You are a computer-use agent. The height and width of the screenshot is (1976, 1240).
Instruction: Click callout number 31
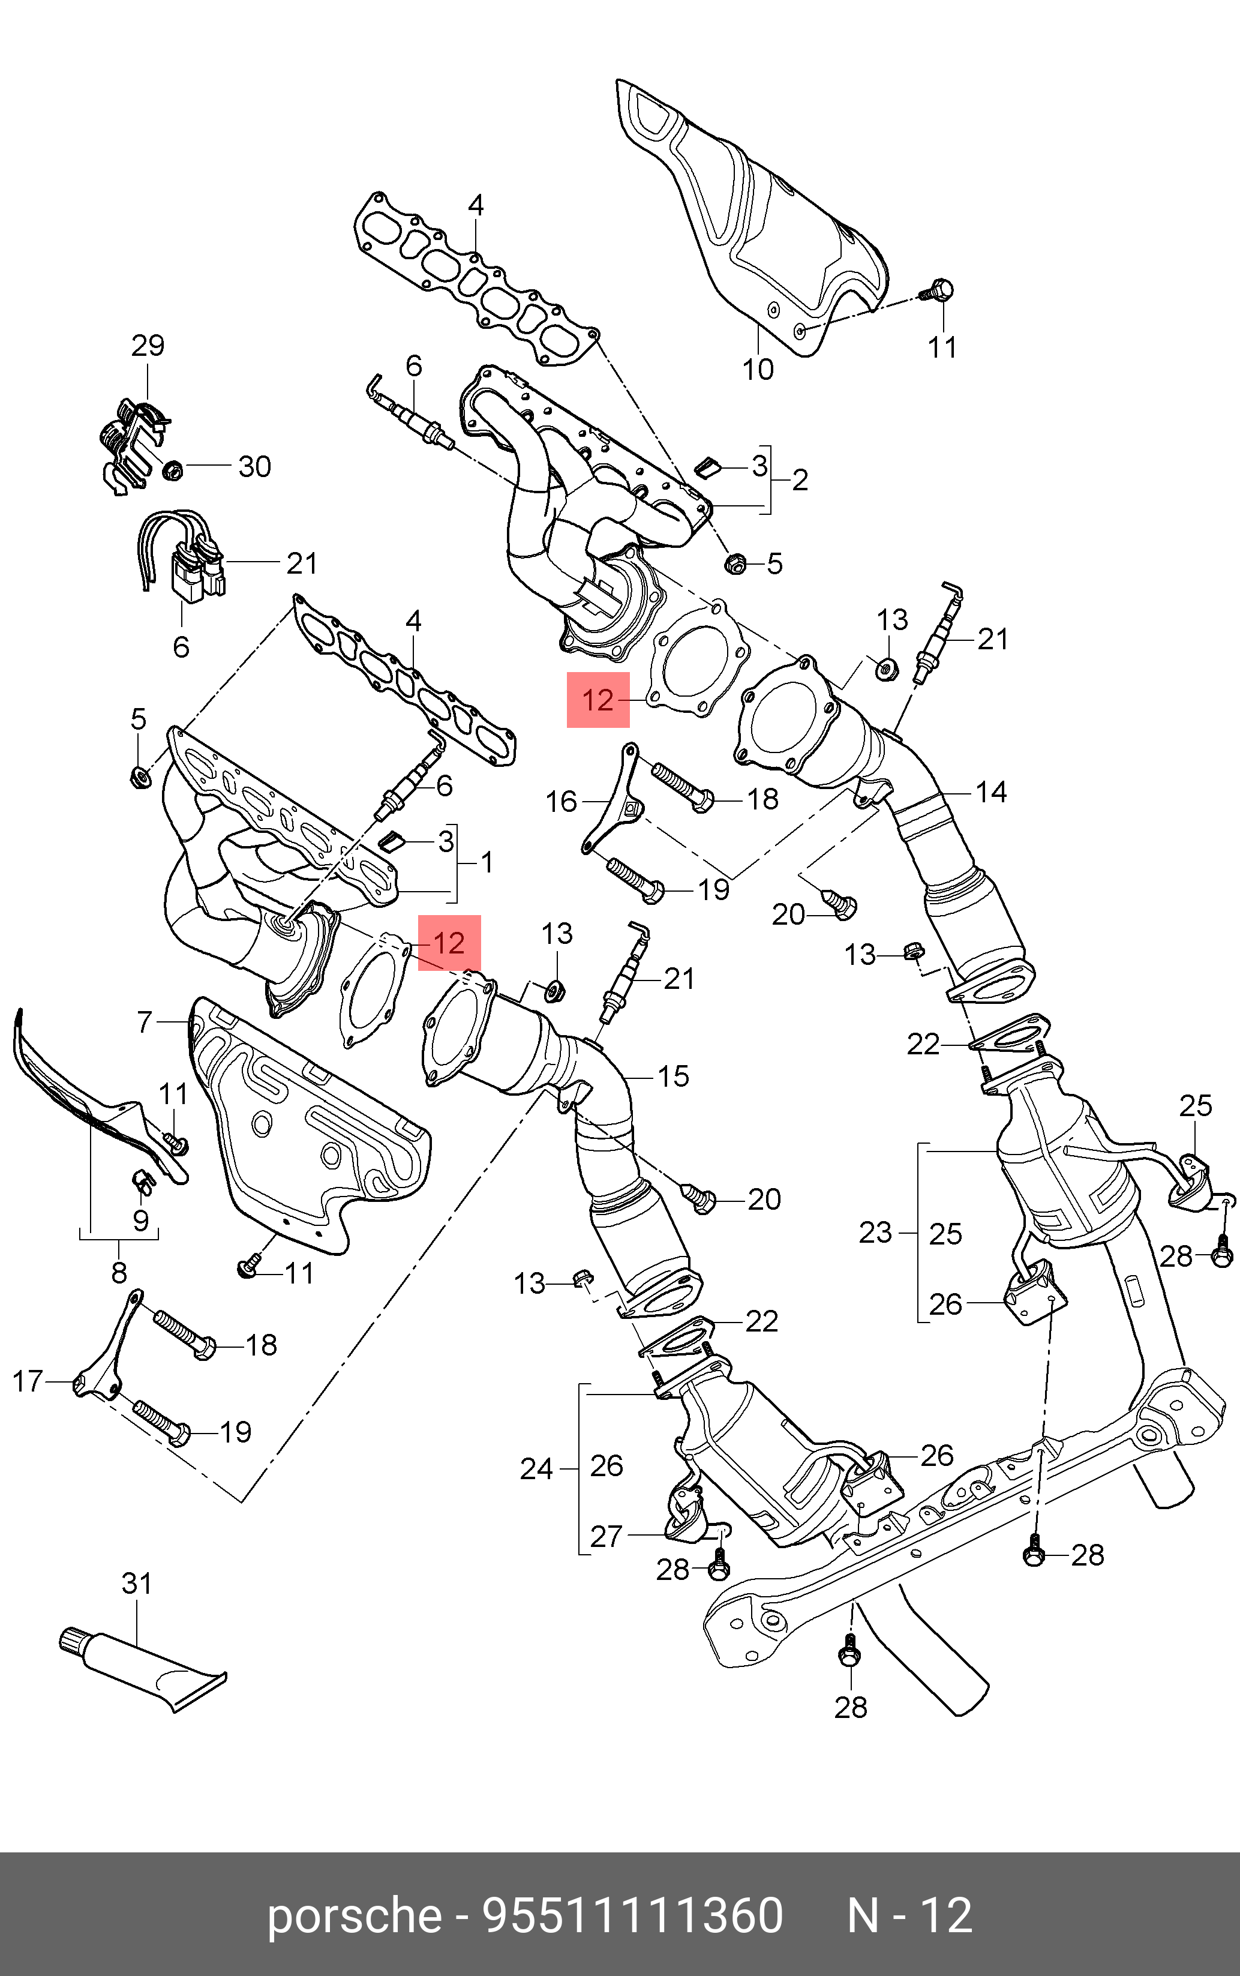pyautogui.click(x=136, y=1584)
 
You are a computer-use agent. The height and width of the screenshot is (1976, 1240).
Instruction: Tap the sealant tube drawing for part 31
pyautogui.click(x=139, y=1665)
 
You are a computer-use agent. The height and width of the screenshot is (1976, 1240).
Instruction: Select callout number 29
pyautogui.click(x=148, y=345)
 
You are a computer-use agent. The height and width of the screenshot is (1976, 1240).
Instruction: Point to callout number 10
pyautogui.click(x=758, y=370)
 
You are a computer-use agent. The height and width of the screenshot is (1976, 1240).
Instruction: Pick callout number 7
pyautogui.click(x=145, y=1022)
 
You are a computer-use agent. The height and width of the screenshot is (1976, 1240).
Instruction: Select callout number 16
pyautogui.click(x=562, y=802)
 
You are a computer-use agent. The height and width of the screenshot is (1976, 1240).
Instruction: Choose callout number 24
pyautogui.click(x=536, y=1468)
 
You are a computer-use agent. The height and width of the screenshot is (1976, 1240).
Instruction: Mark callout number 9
pyautogui.click(x=141, y=1221)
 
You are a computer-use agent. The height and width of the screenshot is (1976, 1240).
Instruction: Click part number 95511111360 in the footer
pyautogui.click(x=634, y=1915)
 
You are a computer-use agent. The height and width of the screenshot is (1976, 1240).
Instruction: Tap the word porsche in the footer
pyautogui.click(x=355, y=1915)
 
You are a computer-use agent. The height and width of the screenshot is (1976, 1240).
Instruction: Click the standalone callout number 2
pyautogui.click(x=800, y=480)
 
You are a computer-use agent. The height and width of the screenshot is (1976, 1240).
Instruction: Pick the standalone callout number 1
pyautogui.click(x=487, y=862)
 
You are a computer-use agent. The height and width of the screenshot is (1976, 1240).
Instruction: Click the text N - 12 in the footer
pyautogui.click(x=909, y=1915)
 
